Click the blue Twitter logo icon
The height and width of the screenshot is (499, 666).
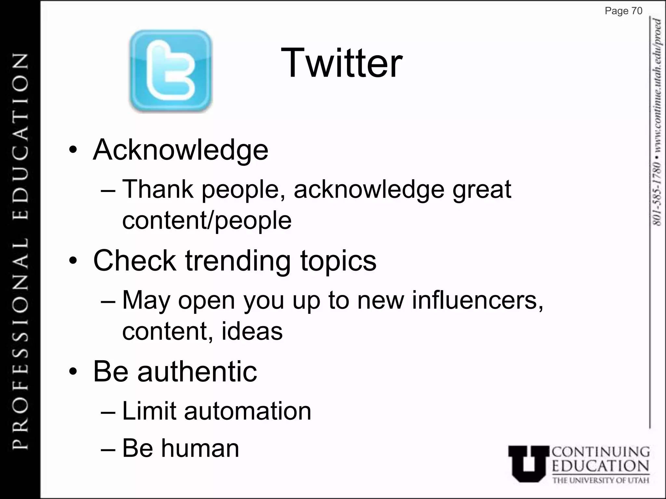coord(170,71)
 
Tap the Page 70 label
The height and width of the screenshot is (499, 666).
coord(623,11)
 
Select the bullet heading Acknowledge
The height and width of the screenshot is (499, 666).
coord(180,150)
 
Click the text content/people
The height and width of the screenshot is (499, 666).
coord(207,220)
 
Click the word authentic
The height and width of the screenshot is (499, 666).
coord(197,371)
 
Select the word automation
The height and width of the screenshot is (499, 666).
coord(247,411)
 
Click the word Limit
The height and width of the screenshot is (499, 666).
coord(149,411)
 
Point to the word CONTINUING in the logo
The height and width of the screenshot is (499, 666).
coord(601,452)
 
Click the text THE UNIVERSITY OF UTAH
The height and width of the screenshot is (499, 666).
coord(601,480)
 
